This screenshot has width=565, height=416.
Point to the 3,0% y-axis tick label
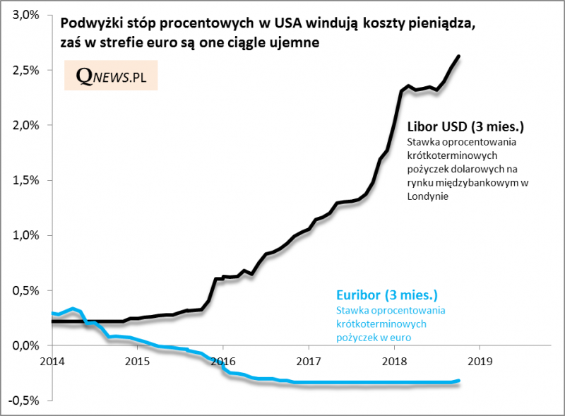(x=27, y=15)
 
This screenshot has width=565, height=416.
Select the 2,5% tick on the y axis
(x=27, y=70)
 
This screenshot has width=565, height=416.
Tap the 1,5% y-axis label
(x=27, y=180)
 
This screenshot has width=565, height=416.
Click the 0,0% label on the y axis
(x=27, y=345)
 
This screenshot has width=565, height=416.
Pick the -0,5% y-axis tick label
(x=25, y=400)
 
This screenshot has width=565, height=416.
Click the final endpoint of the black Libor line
(x=459, y=56)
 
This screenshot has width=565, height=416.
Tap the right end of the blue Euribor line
(x=460, y=381)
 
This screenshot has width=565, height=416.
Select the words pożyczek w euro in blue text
(x=373, y=337)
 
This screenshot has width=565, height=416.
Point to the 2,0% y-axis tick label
(x=27, y=125)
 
